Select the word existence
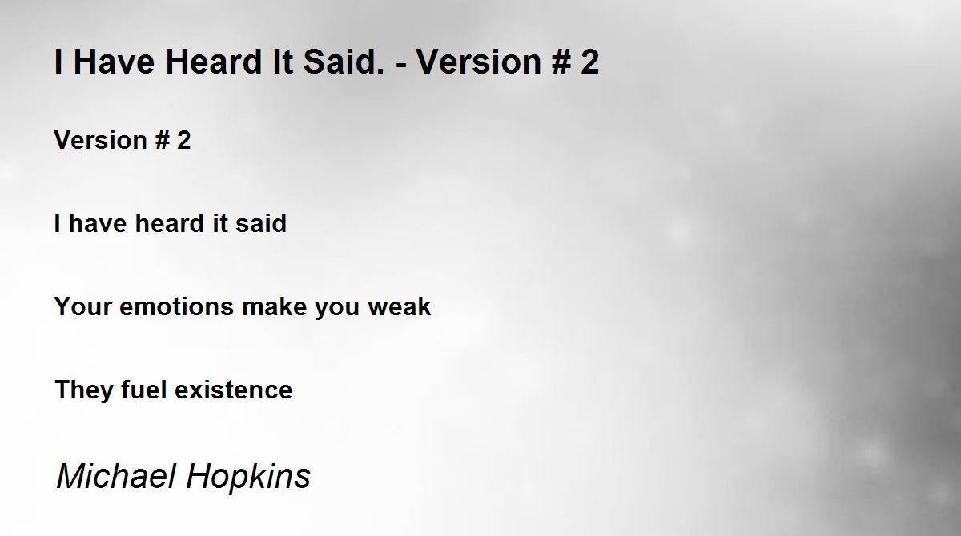click(233, 390)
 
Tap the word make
click(275, 306)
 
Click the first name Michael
click(116, 476)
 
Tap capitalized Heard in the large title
click(213, 62)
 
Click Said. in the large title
click(344, 62)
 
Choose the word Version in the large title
click(479, 62)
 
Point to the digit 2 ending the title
click(590, 62)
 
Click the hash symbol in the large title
click(561, 62)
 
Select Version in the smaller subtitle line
click(101, 140)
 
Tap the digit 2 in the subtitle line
click(183, 140)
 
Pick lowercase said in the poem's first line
click(261, 223)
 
